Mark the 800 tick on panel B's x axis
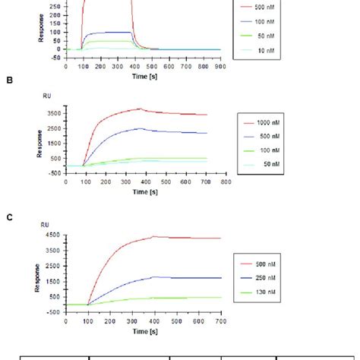[226, 182]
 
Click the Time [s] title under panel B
[144, 193]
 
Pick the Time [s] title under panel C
[144, 332]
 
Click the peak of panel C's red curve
[152, 236]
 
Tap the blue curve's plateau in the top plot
[110, 33]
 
